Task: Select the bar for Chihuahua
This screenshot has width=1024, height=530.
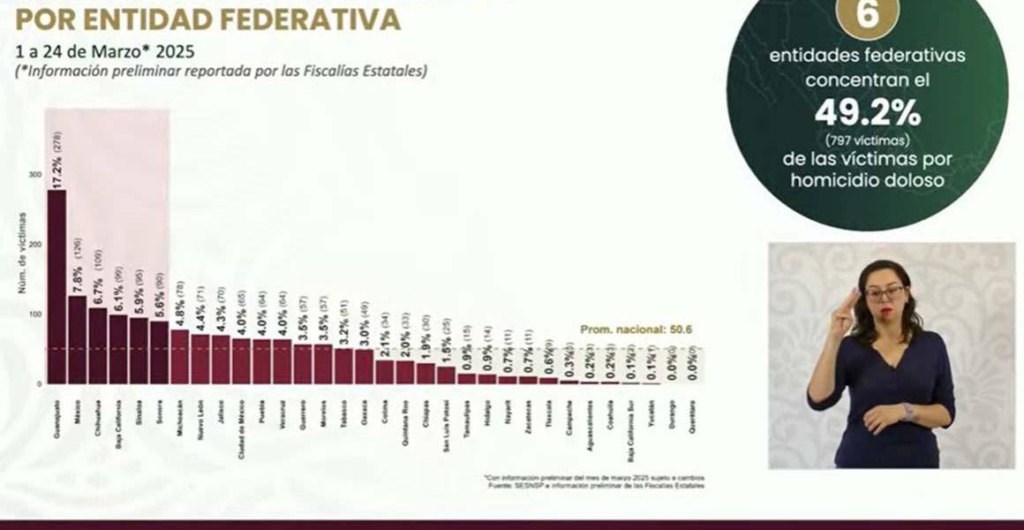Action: click(97, 345)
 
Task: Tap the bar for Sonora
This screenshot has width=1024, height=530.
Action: click(159, 352)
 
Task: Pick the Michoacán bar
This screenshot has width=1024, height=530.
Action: click(179, 357)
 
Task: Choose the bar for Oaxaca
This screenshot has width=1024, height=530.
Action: click(364, 367)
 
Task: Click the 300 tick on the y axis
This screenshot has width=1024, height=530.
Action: click(34, 175)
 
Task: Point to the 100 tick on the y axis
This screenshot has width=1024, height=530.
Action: click(34, 314)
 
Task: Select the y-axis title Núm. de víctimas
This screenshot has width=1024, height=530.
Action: click(21, 253)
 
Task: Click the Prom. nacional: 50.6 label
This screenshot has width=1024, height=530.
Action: click(636, 329)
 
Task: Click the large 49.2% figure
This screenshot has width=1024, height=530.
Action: click(867, 113)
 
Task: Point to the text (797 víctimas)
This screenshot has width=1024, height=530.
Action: click(867, 140)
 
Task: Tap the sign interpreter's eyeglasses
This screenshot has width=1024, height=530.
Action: click(884, 291)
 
